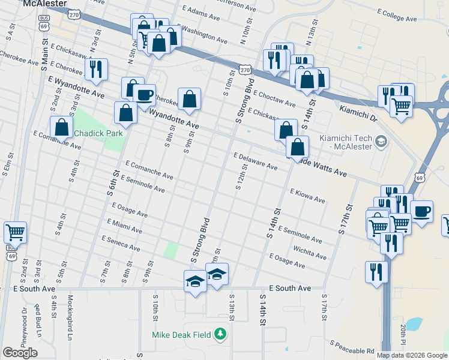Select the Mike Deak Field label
click(182, 334)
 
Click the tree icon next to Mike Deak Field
click(221, 334)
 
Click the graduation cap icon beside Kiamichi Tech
click(380, 141)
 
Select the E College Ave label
click(397, 15)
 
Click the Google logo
click(20, 353)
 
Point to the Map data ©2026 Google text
click(412, 355)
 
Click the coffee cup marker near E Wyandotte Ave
click(144, 94)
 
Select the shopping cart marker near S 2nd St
click(15, 231)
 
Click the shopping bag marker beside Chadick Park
click(61, 127)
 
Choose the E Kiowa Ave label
click(307, 196)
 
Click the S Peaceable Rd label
click(352, 347)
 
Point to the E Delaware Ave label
click(256, 161)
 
